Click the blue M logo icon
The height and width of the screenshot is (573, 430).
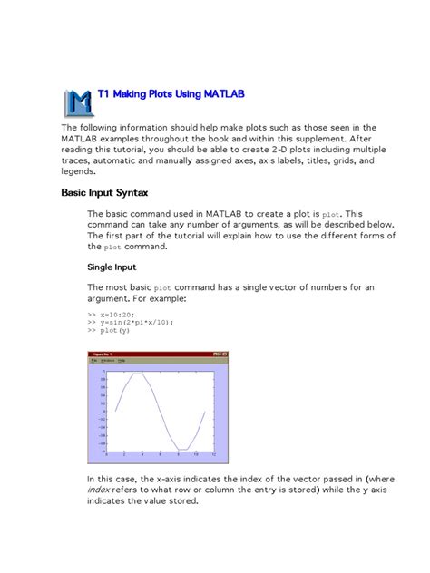click(79, 102)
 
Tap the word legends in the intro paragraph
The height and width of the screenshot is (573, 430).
click(79, 170)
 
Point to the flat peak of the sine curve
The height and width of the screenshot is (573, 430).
click(136, 373)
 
